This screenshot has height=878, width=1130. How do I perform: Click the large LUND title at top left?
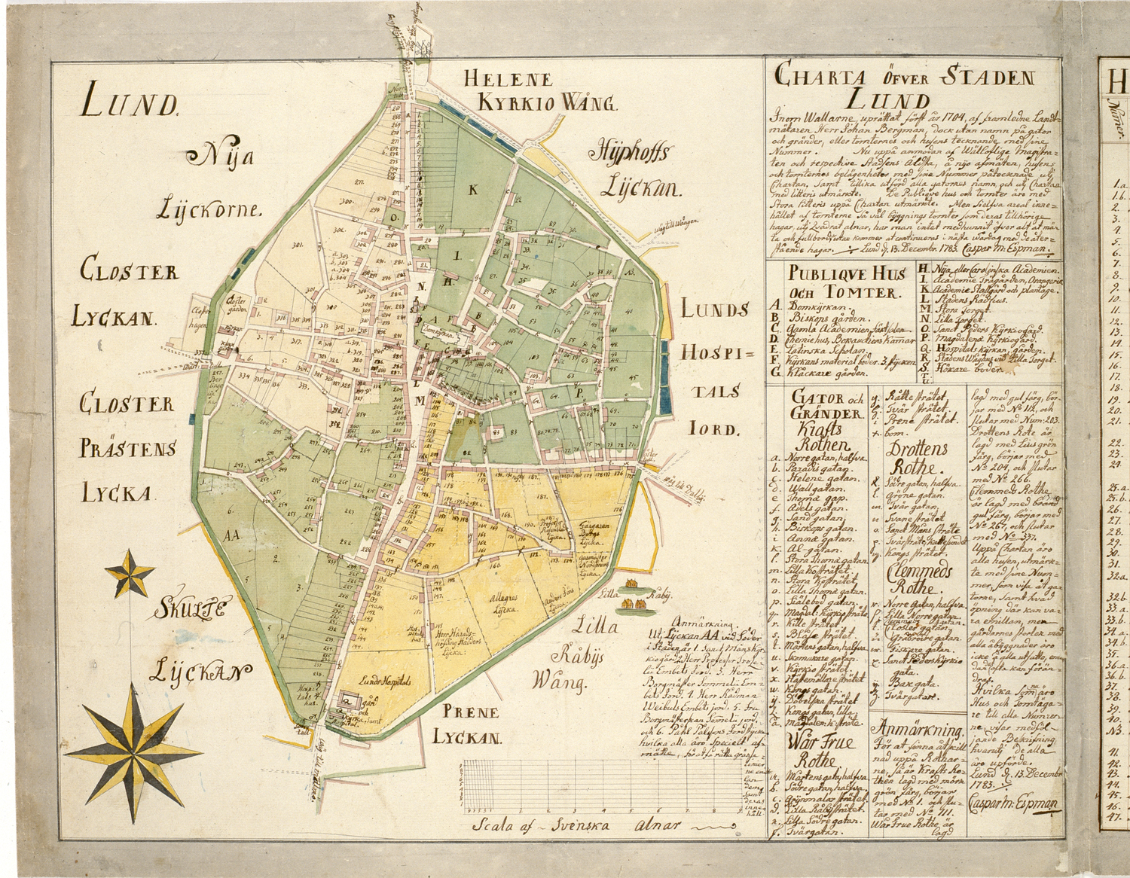129,102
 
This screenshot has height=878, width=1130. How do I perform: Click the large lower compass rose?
133,750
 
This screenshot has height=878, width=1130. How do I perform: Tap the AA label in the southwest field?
231,535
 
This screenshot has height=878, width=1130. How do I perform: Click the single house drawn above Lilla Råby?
631,584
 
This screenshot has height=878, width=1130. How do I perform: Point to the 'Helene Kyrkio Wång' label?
539,90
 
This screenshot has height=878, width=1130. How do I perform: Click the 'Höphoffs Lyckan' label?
634,169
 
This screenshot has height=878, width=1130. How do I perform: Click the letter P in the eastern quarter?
579,393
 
